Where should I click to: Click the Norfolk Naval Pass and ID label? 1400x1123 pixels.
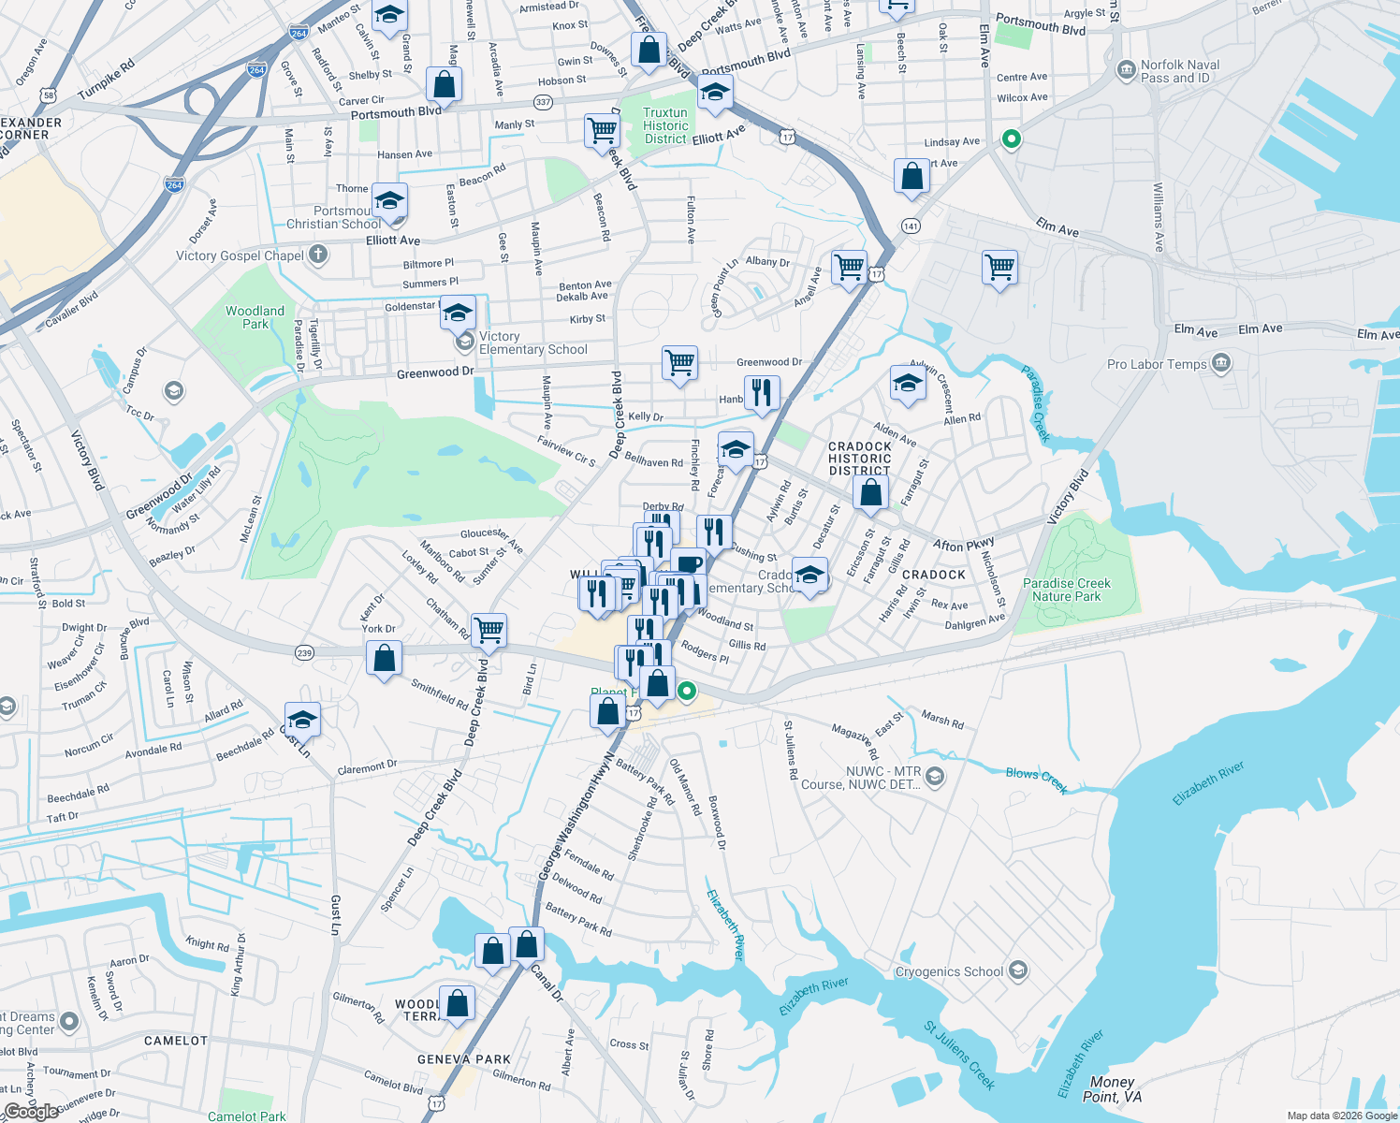[1179, 72]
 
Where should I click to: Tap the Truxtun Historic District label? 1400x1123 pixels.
[665, 125]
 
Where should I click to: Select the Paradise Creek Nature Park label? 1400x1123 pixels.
[1066, 590]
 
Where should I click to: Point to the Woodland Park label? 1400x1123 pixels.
[255, 317]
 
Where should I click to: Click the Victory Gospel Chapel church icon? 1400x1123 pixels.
[318, 255]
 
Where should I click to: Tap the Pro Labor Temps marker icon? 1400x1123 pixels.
[1220, 363]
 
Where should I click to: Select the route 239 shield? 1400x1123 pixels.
[304, 653]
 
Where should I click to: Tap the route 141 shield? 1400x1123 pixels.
[911, 226]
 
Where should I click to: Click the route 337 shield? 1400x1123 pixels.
[543, 102]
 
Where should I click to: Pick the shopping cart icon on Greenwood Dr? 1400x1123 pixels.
[679, 362]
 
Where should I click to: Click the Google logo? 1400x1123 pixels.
[32, 1112]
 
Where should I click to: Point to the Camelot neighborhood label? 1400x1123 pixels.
[176, 1041]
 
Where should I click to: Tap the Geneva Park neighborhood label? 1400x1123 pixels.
[464, 1059]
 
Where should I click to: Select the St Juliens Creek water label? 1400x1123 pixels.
[959, 1056]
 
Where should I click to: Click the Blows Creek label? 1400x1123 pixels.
[1037, 780]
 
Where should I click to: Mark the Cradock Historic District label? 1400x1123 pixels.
[859, 459]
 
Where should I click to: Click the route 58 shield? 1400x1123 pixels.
[49, 95]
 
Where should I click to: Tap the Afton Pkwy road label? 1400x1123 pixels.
[964, 545]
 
